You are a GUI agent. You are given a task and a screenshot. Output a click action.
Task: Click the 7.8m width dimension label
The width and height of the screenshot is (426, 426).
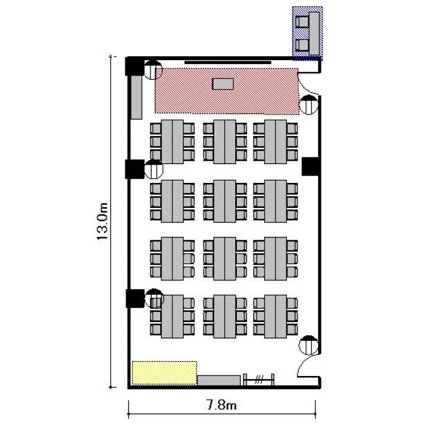point(222,406)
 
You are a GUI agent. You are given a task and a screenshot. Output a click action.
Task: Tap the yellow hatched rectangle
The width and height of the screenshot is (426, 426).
point(164,373)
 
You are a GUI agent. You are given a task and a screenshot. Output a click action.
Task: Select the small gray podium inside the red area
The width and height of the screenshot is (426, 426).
point(223,84)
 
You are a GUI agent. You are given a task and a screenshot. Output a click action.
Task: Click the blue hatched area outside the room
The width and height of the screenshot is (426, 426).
point(307,33)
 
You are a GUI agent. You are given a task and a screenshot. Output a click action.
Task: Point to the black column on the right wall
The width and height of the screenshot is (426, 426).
point(311,166)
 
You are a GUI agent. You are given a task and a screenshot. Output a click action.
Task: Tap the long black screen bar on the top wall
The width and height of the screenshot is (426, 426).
point(228,62)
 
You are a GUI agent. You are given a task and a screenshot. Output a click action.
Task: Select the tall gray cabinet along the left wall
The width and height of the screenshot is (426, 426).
point(136,97)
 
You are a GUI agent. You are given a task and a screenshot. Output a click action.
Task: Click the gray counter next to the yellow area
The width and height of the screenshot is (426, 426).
point(219,381)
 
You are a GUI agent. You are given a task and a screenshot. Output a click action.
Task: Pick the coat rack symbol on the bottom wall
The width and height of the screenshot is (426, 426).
point(258,379)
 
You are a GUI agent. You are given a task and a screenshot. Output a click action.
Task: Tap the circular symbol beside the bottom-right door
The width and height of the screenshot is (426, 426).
point(308,345)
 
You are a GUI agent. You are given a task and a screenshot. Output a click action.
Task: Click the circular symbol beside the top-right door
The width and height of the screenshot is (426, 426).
point(308,105)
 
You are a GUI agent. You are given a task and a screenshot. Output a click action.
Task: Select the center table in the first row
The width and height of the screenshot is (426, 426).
point(225,142)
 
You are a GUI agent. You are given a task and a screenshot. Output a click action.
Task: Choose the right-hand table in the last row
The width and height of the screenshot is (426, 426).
point(275,316)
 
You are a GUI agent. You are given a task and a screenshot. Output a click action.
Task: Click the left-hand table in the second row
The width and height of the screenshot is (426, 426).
point(172,201)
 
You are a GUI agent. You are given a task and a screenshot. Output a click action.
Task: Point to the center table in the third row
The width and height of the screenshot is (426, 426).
point(225,258)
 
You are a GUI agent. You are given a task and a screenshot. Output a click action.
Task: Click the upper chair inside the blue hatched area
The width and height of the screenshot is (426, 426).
point(302,22)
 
